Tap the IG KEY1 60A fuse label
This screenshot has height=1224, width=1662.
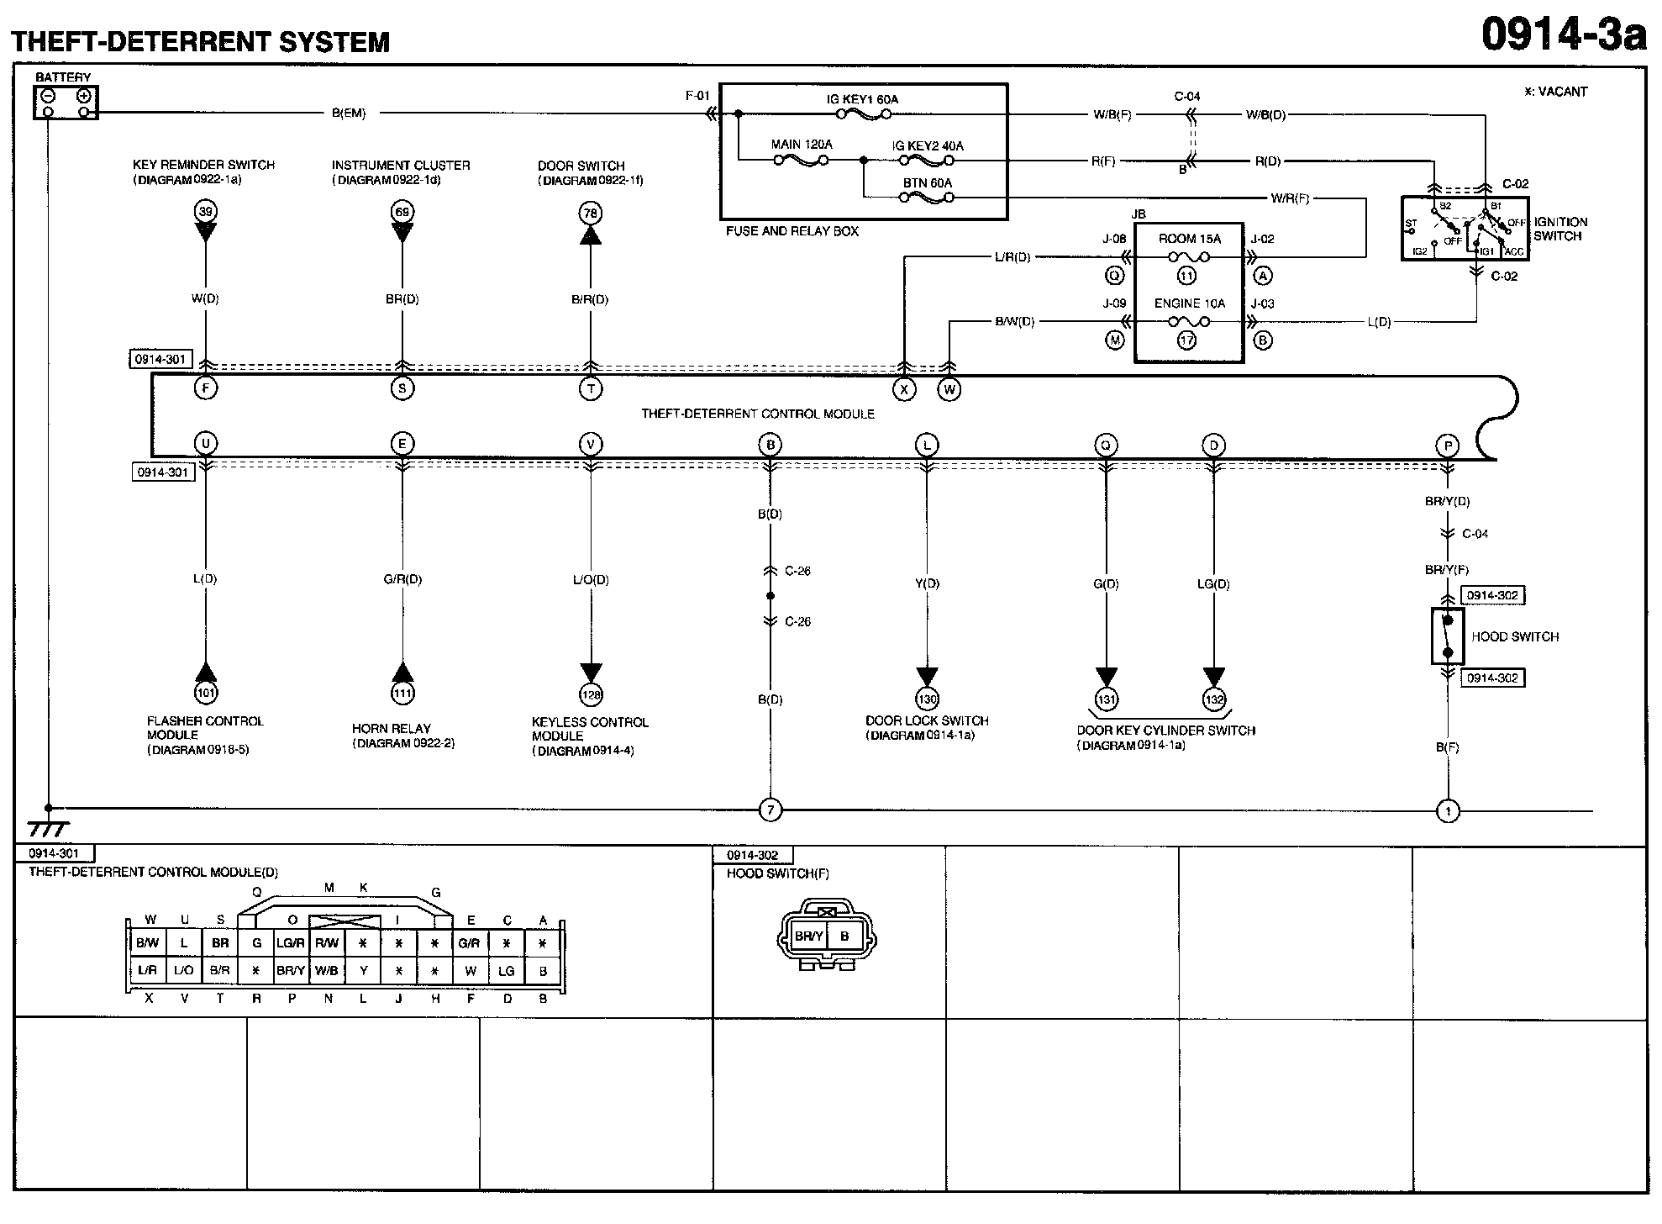861,100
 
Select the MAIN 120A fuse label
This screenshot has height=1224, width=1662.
801,145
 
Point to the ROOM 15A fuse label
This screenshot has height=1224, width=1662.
1188,239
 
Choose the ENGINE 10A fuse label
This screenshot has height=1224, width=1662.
1189,303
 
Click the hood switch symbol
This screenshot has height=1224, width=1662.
1448,636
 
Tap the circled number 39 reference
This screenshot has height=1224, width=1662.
205,211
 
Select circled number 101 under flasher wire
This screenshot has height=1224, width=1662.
206,694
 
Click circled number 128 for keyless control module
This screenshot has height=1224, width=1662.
591,695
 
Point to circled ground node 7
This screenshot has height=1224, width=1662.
770,810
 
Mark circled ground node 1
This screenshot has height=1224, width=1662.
1448,811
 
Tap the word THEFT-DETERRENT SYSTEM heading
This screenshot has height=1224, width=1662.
200,42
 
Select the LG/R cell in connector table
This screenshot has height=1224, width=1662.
291,943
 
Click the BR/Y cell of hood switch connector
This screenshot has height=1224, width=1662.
808,936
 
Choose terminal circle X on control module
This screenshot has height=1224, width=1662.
904,390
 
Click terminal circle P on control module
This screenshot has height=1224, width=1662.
1448,446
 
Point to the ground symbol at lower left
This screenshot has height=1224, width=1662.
48,828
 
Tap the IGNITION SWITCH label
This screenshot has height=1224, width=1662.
1560,229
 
